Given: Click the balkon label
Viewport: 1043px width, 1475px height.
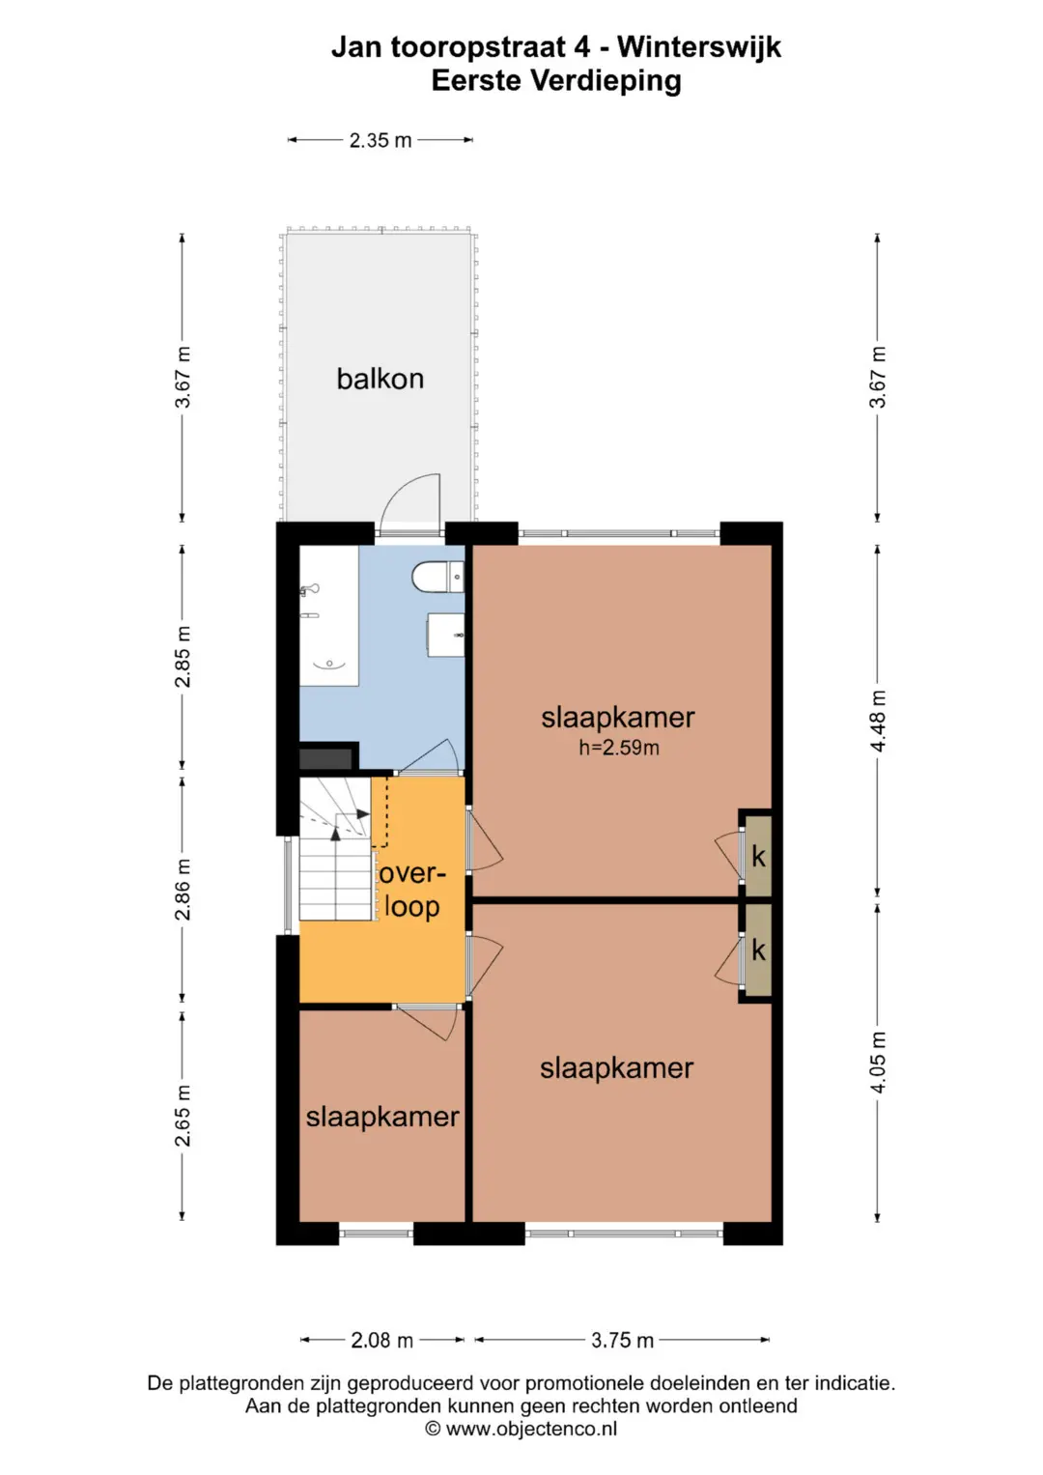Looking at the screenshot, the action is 380,379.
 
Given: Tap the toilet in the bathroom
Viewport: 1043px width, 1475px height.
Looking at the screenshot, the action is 437,577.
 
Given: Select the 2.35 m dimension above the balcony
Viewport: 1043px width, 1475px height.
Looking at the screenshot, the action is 381,140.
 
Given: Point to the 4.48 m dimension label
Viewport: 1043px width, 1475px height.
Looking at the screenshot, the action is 878,721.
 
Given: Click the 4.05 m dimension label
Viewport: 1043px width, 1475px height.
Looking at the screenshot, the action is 878,1063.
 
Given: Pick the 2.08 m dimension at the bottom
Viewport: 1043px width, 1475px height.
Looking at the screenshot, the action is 381,1340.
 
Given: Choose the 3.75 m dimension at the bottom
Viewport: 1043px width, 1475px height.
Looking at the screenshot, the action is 622,1340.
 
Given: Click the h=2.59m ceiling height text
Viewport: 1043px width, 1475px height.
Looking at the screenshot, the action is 619,748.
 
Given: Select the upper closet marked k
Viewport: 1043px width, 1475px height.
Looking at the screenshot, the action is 758,856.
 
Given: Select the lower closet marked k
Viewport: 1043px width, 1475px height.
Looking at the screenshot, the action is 758,950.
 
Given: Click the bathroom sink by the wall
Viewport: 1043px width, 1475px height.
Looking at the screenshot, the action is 446,635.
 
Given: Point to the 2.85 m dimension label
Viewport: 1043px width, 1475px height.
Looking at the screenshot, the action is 183,657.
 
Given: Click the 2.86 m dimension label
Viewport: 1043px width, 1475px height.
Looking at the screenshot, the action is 183,889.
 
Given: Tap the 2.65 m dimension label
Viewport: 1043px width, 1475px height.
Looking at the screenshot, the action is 183,1116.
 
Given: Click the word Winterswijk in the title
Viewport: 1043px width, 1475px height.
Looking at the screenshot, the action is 699,47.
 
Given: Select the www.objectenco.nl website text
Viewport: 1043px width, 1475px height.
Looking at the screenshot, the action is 531,1429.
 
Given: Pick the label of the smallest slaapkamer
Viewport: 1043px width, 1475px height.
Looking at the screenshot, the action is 381,1116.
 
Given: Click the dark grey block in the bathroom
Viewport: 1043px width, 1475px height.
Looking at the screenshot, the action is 326,758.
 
